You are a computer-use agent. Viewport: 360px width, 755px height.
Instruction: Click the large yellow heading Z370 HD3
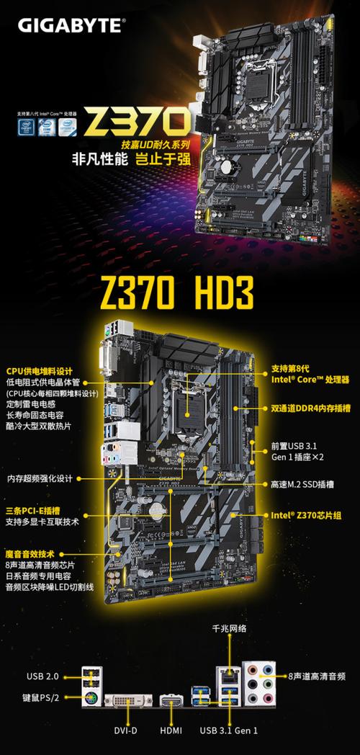pyautogui.click(x=179, y=294)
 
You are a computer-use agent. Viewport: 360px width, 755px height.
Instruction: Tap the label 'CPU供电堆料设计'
pyautogui.click(x=39, y=371)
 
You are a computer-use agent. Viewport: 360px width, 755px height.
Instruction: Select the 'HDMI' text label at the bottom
pyautogui.click(x=171, y=731)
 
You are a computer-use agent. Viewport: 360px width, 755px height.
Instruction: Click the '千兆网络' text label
pyautogui.click(x=228, y=628)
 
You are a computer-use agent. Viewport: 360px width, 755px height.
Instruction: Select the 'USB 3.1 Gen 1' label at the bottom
pyautogui.click(x=228, y=731)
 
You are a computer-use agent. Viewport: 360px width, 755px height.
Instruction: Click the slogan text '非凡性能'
pyautogui.click(x=96, y=160)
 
